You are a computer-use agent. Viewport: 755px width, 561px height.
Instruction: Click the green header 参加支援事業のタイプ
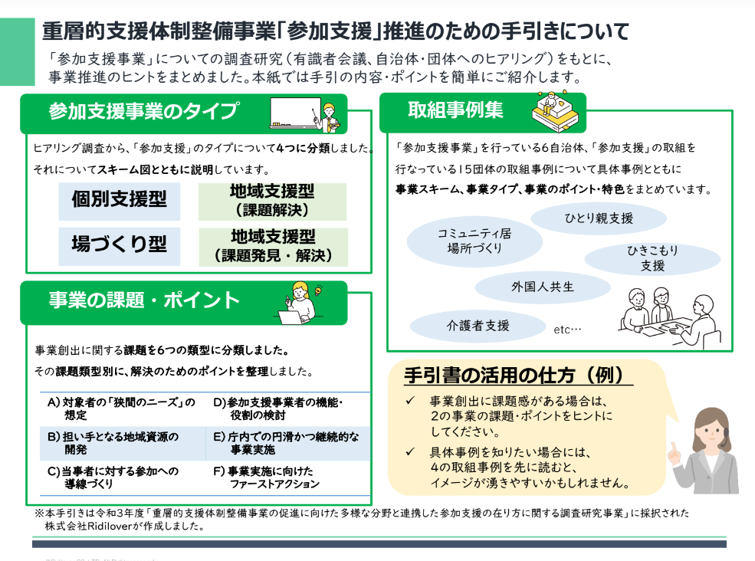point(143,111)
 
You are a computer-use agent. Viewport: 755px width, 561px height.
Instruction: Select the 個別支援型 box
point(119,201)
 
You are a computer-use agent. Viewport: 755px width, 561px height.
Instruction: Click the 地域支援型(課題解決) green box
point(272,201)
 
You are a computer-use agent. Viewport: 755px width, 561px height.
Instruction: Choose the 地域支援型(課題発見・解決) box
point(272,246)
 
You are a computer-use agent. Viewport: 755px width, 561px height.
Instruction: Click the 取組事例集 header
point(455,111)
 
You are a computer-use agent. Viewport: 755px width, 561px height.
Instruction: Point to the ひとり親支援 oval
point(599,218)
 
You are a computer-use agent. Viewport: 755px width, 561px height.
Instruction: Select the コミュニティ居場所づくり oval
point(474,241)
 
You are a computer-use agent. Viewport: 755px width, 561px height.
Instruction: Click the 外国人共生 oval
point(542,287)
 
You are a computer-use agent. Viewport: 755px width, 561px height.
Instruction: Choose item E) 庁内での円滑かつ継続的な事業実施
point(284,442)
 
